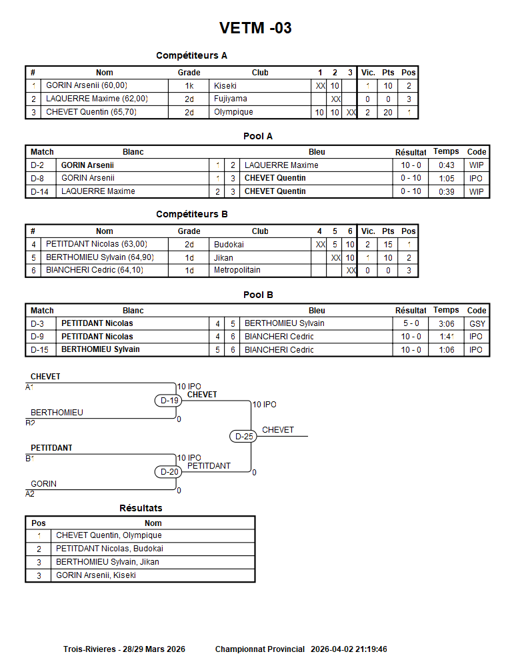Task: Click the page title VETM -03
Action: (x=255, y=28)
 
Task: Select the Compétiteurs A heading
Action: (x=191, y=55)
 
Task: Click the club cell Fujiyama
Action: (x=231, y=99)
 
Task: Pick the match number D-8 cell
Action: (x=37, y=178)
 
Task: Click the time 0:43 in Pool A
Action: (x=446, y=165)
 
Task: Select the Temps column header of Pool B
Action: (x=446, y=310)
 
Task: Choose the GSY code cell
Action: (x=477, y=323)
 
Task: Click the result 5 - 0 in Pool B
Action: (x=410, y=323)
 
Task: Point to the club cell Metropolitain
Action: (x=237, y=270)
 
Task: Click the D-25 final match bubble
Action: (x=245, y=437)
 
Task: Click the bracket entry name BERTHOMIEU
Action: (x=57, y=413)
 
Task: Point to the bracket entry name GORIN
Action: (x=43, y=484)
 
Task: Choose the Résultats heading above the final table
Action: (x=141, y=508)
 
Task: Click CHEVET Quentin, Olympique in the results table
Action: (x=109, y=535)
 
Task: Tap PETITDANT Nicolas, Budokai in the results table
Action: (x=109, y=549)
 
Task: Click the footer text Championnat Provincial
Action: (x=260, y=649)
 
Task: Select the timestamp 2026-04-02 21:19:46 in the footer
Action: (x=349, y=649)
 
